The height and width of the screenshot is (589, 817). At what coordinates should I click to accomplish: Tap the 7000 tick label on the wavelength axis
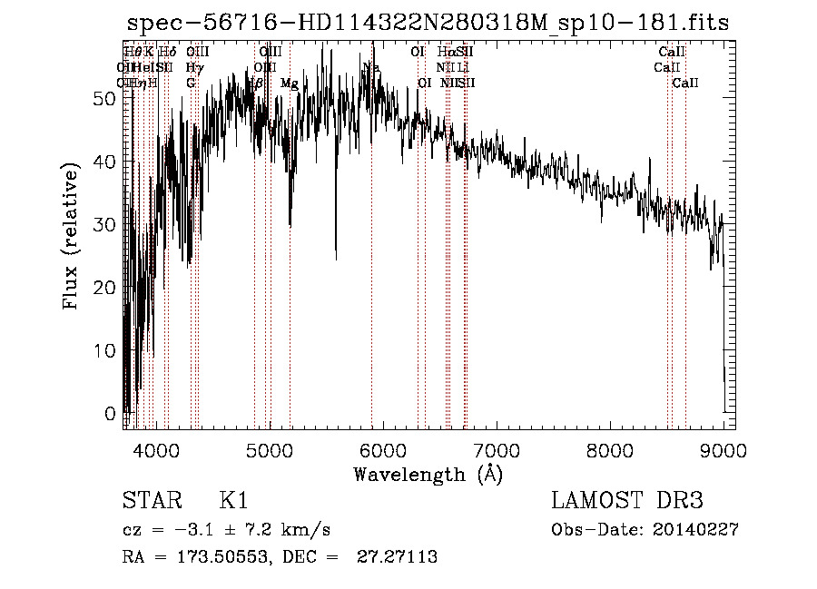tap(496, 449)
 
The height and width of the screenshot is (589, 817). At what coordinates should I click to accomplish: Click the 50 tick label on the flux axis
tap(105, 99)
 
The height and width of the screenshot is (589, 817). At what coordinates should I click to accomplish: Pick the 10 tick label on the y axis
tap(105, 350)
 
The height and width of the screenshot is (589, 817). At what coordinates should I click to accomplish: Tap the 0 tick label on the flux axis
tap(111, 413)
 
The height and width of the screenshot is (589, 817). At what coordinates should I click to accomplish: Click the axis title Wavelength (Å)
tap(428, 474)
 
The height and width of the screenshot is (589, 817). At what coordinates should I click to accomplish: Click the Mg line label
tap(289, 83)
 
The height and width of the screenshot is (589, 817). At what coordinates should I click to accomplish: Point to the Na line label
tap(370, 67)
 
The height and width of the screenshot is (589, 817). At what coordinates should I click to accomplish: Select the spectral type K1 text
tap(233, 501)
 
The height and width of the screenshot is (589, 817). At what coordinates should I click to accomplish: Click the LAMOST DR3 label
tap(627, 501)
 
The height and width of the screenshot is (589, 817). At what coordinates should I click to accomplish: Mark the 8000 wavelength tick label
tap(609, 449)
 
